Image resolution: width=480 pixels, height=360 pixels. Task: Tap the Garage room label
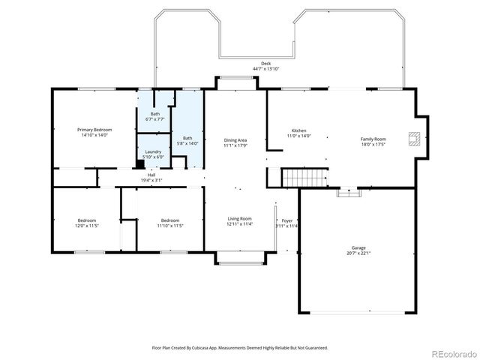click(x=358, y=247)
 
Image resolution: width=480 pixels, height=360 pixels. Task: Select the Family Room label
click(x=373, y=139)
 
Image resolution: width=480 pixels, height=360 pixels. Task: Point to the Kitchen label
click(x=298, y=130)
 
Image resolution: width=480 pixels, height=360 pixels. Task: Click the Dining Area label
click(x=235, y=140)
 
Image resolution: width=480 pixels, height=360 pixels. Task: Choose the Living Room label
click(x=240, y=219)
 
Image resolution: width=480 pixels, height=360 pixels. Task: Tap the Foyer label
click(x=287, y=220)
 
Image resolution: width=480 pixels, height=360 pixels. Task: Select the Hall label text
click(x=151, y=175)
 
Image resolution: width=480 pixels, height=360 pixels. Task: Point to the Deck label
click(x=265, y=64)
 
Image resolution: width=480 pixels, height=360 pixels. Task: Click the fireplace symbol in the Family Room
click(x=412, y=137)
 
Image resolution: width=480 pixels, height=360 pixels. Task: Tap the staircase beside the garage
click(x=304, y=178)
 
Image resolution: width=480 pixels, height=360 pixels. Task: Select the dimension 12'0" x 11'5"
click(x=87, y=226)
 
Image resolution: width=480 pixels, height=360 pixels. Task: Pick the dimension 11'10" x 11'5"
click(x=170, y=226)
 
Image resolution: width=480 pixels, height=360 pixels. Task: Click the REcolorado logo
click(x=451, y=352)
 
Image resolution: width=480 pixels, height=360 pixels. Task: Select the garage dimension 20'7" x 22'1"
click(x=358, y=253)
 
